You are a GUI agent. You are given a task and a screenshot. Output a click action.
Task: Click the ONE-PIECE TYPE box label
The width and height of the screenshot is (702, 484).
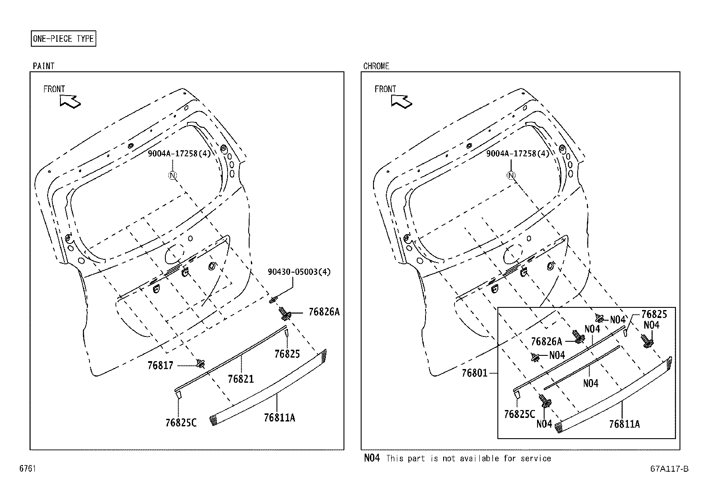pos(63,39)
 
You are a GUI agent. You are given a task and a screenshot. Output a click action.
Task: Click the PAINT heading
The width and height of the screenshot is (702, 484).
pos(43,66)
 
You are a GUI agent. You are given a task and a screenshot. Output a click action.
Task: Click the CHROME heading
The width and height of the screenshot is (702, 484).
pos(376,66)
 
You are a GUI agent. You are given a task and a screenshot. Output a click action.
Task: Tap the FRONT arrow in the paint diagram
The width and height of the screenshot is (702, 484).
pos(70,102)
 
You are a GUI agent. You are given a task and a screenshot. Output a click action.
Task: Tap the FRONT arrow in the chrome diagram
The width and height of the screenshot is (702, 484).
pos(401,102)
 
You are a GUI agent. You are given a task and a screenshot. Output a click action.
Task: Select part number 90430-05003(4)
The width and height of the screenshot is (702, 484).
pos(299,272)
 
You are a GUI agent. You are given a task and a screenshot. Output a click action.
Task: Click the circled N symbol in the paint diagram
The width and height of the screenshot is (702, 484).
pos(172,175)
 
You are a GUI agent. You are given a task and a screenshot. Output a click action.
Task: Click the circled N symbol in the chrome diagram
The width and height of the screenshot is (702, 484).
pos(511,175)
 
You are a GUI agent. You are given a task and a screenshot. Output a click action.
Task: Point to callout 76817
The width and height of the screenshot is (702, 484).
pos(161,365)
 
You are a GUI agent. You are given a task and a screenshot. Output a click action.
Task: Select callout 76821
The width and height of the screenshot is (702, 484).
pos(241,378)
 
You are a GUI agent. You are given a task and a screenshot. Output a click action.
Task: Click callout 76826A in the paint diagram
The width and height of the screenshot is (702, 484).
pos(324,312)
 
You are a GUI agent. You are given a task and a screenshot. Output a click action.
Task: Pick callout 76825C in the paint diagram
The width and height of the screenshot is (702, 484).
pos(181,422)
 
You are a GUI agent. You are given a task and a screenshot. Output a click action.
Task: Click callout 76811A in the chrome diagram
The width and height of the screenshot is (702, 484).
pos(624,424)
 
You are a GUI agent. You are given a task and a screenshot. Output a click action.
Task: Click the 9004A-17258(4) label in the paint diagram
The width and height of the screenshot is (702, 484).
pos(178,153)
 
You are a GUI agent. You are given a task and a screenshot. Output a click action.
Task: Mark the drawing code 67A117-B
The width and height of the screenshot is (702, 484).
pos(668,469)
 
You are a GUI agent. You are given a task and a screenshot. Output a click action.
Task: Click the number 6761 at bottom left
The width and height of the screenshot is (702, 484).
pos(27,469)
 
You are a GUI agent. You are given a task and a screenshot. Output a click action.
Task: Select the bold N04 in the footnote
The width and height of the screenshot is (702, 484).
pos(371,458)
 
